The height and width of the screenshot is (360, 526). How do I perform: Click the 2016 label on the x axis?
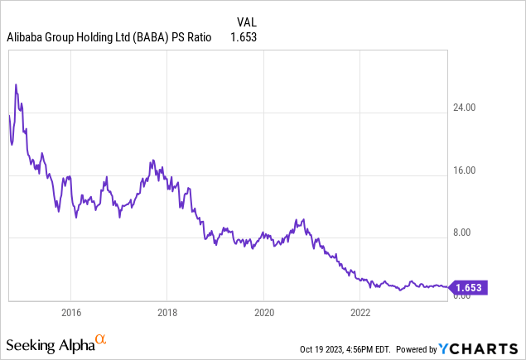(x=70, y=313)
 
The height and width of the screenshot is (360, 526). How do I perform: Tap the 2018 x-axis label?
(x=166, y=313)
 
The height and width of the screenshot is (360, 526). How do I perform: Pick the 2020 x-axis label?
(x=263, y=313)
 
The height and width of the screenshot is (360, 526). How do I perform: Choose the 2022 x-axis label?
(x=360, y=313)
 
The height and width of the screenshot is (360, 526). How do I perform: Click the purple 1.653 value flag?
(x=469, y=288)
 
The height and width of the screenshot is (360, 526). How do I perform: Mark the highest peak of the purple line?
(x=17, y=84)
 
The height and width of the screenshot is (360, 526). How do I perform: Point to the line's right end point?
(x=447, y=287)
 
